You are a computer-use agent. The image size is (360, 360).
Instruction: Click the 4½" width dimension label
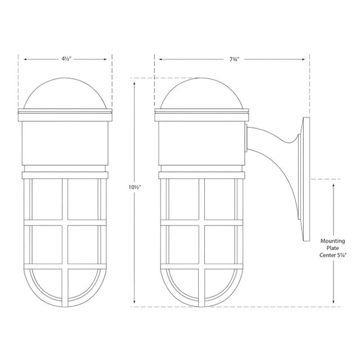click(x=66, y=59)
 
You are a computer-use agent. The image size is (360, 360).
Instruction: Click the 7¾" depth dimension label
click(x=235, y=59)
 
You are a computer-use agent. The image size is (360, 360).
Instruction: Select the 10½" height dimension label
click(x=134, y=187)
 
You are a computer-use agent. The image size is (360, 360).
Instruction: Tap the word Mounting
click(x=332, y=241)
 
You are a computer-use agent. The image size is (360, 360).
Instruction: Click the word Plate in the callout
click(x=332, y=248)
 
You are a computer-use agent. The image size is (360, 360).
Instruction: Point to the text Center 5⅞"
click(x=332, y=255)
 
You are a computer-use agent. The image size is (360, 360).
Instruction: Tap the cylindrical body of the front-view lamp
click(x=65, y=143)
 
